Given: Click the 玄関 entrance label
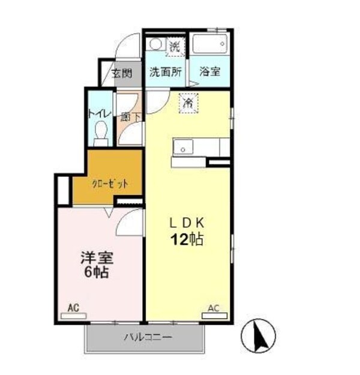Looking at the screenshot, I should coord(121,74).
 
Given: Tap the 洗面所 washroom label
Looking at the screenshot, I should coord(166,71).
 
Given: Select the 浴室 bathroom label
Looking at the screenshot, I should coord(209,71).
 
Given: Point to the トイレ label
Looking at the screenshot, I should coord(98,113).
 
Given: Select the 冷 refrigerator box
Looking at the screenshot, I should coord(188,103).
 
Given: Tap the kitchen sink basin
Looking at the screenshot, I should coord(182,146).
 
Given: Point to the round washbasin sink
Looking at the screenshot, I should coord(157,44).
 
